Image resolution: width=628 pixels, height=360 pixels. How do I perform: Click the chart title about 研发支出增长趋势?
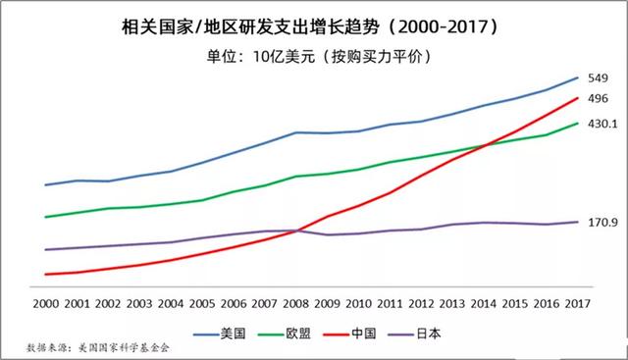pyautogui.click(x=314, y=22)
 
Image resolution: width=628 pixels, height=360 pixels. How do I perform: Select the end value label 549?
pyautogui.click(x=600, y=78)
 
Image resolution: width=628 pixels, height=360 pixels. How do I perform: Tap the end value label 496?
pyautogui.click(x=600, y=98)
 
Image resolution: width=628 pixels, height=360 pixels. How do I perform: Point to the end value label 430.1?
pyautogui.click(x=602, y=124)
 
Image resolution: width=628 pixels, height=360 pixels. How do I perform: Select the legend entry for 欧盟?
pyautogui.click(x=298, y=333)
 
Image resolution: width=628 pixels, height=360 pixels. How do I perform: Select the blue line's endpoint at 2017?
pyautogui.click(x=578, y=77)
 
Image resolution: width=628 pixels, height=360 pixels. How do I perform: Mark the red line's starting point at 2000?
pyautogui.click(x=45, y=275)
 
